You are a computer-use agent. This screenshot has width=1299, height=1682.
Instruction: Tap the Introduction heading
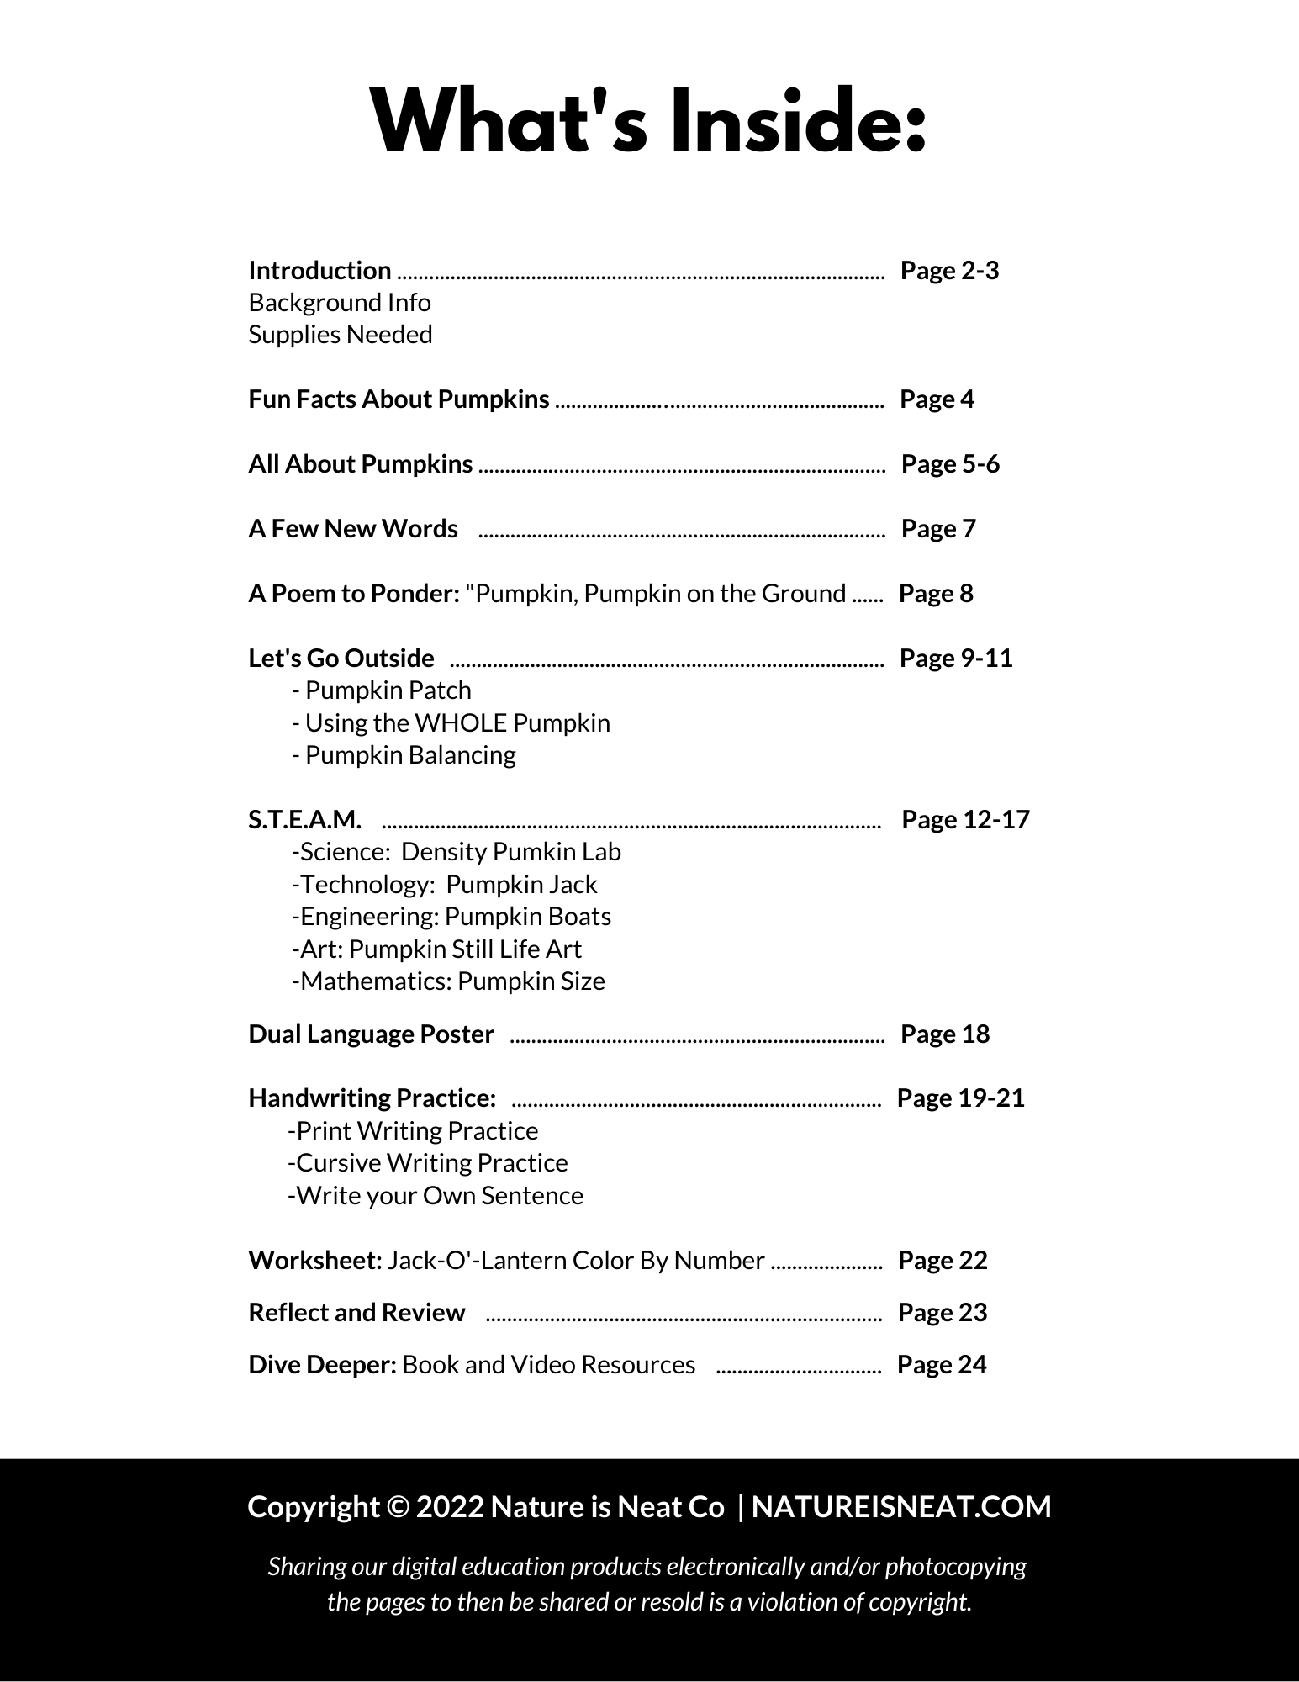tap(319, 271)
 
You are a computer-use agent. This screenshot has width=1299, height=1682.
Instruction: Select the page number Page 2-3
tap(949, 271)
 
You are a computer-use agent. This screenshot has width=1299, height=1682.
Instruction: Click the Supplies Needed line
tap(341, 335)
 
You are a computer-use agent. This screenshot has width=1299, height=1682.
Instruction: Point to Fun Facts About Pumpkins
tap(399, 399)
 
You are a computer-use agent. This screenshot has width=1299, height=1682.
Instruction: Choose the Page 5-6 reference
tap(950, 464)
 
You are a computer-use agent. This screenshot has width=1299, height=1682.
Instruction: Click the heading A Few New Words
tap(353, 529)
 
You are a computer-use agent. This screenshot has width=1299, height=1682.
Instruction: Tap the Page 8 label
tap(936, 594)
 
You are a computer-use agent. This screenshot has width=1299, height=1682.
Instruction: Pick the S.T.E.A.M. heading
tap(305, 820)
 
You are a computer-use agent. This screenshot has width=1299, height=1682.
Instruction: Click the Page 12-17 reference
tap(965, 820)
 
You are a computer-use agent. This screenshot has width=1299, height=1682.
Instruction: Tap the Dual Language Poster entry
tap(371, 1034)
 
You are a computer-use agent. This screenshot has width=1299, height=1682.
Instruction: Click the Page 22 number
tap(943, 1261)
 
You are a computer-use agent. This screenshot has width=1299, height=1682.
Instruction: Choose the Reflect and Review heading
tap(356, 1313)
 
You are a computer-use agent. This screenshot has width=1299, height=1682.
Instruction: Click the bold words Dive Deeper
tap(322, 1365)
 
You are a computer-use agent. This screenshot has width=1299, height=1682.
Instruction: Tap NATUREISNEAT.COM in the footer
tap(901, 1506)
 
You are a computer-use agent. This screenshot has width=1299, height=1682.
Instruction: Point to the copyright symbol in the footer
tap(398, 1507)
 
